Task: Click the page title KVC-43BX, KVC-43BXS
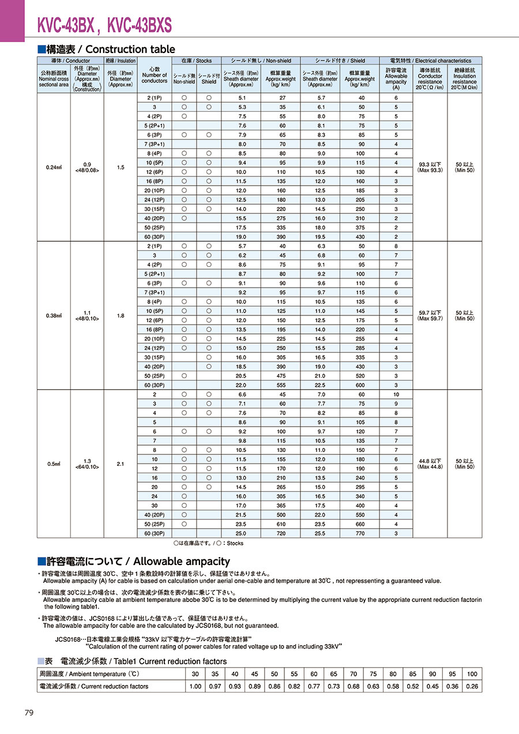(104, 25)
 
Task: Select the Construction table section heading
(106, 50)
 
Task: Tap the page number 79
(29, 713)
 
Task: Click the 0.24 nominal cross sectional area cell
(54, 168)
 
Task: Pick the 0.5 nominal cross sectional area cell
(54, 464)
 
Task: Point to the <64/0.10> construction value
(87, 467)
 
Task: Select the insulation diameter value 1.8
(121, 315)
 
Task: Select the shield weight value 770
(360, 533)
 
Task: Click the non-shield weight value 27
(283, 98)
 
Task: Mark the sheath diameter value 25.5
(321, 533)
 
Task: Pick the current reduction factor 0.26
(472, 686)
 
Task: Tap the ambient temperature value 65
(334, 673)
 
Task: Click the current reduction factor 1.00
(195, 686)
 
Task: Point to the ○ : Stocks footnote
(208, 543)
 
